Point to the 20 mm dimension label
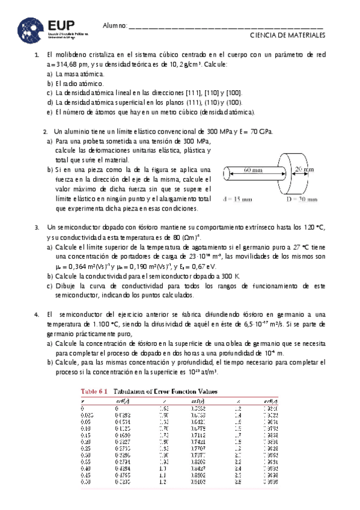(305, 170)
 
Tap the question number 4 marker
(37, 314)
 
